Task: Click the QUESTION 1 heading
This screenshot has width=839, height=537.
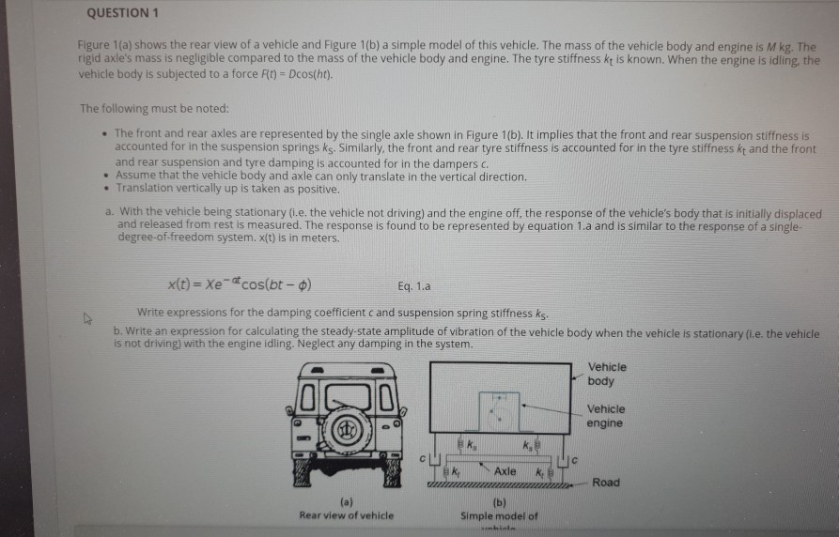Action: coord(117,12)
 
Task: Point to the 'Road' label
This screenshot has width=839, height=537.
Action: coord(606,483)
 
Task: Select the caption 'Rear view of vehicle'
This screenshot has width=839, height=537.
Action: coord(346,514)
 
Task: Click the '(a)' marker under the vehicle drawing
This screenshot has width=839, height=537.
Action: coord(346,503)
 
